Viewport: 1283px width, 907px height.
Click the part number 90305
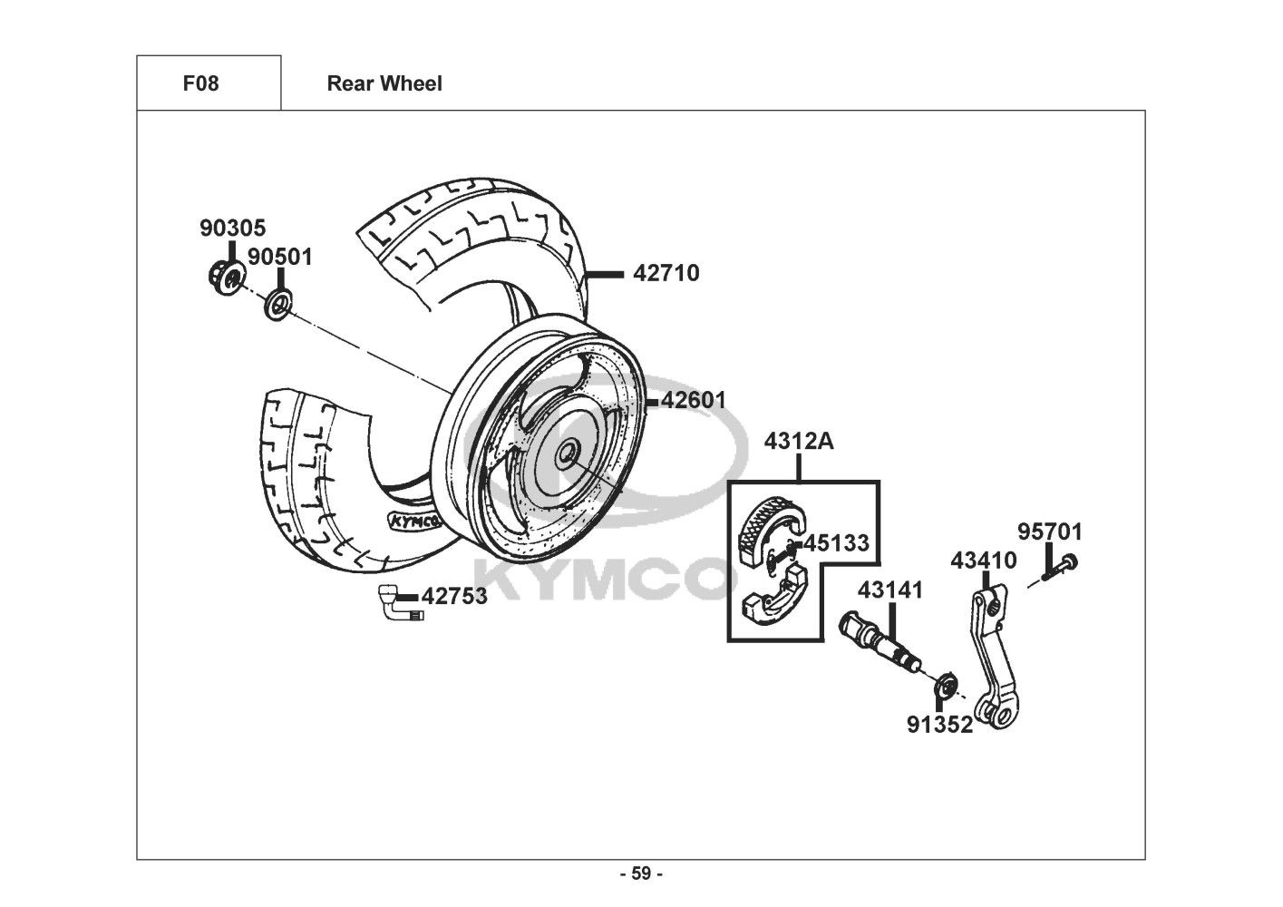(x=232, y=228)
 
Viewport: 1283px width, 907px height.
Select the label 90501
(x=280, y=258)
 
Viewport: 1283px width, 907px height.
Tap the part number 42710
(x=666, y=273)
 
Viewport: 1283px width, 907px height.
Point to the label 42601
(x=693, y=400)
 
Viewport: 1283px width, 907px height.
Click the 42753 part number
(x=454, y=597)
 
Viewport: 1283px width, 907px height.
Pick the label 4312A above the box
(x=799, y=442)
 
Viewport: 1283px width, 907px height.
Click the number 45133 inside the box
(x=837, y=543)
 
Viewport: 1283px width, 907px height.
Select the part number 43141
(x=890, y=590)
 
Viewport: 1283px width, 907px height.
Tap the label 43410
(x=984, y=561)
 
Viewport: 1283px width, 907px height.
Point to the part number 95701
(x=1050, y=532)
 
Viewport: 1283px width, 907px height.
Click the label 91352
(x=940, y=726)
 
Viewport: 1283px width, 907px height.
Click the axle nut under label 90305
(x=226, y=276)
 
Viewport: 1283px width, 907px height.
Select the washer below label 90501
(x=278, y=306)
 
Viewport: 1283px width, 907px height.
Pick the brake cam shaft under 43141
(x=881, y=643)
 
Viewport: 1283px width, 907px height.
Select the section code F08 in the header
(x=200, y=83)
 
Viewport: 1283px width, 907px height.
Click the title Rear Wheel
(x=384, y=83)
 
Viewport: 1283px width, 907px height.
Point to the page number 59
(x=641, y=873)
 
